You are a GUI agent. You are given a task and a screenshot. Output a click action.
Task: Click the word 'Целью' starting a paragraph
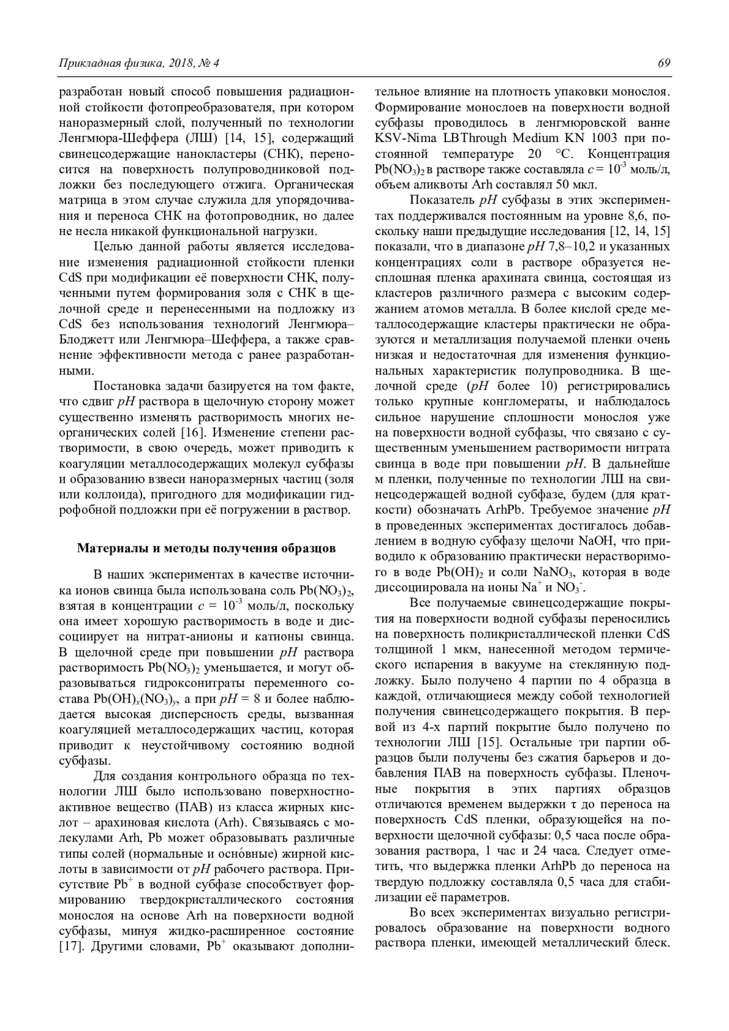tap(113, 247)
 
